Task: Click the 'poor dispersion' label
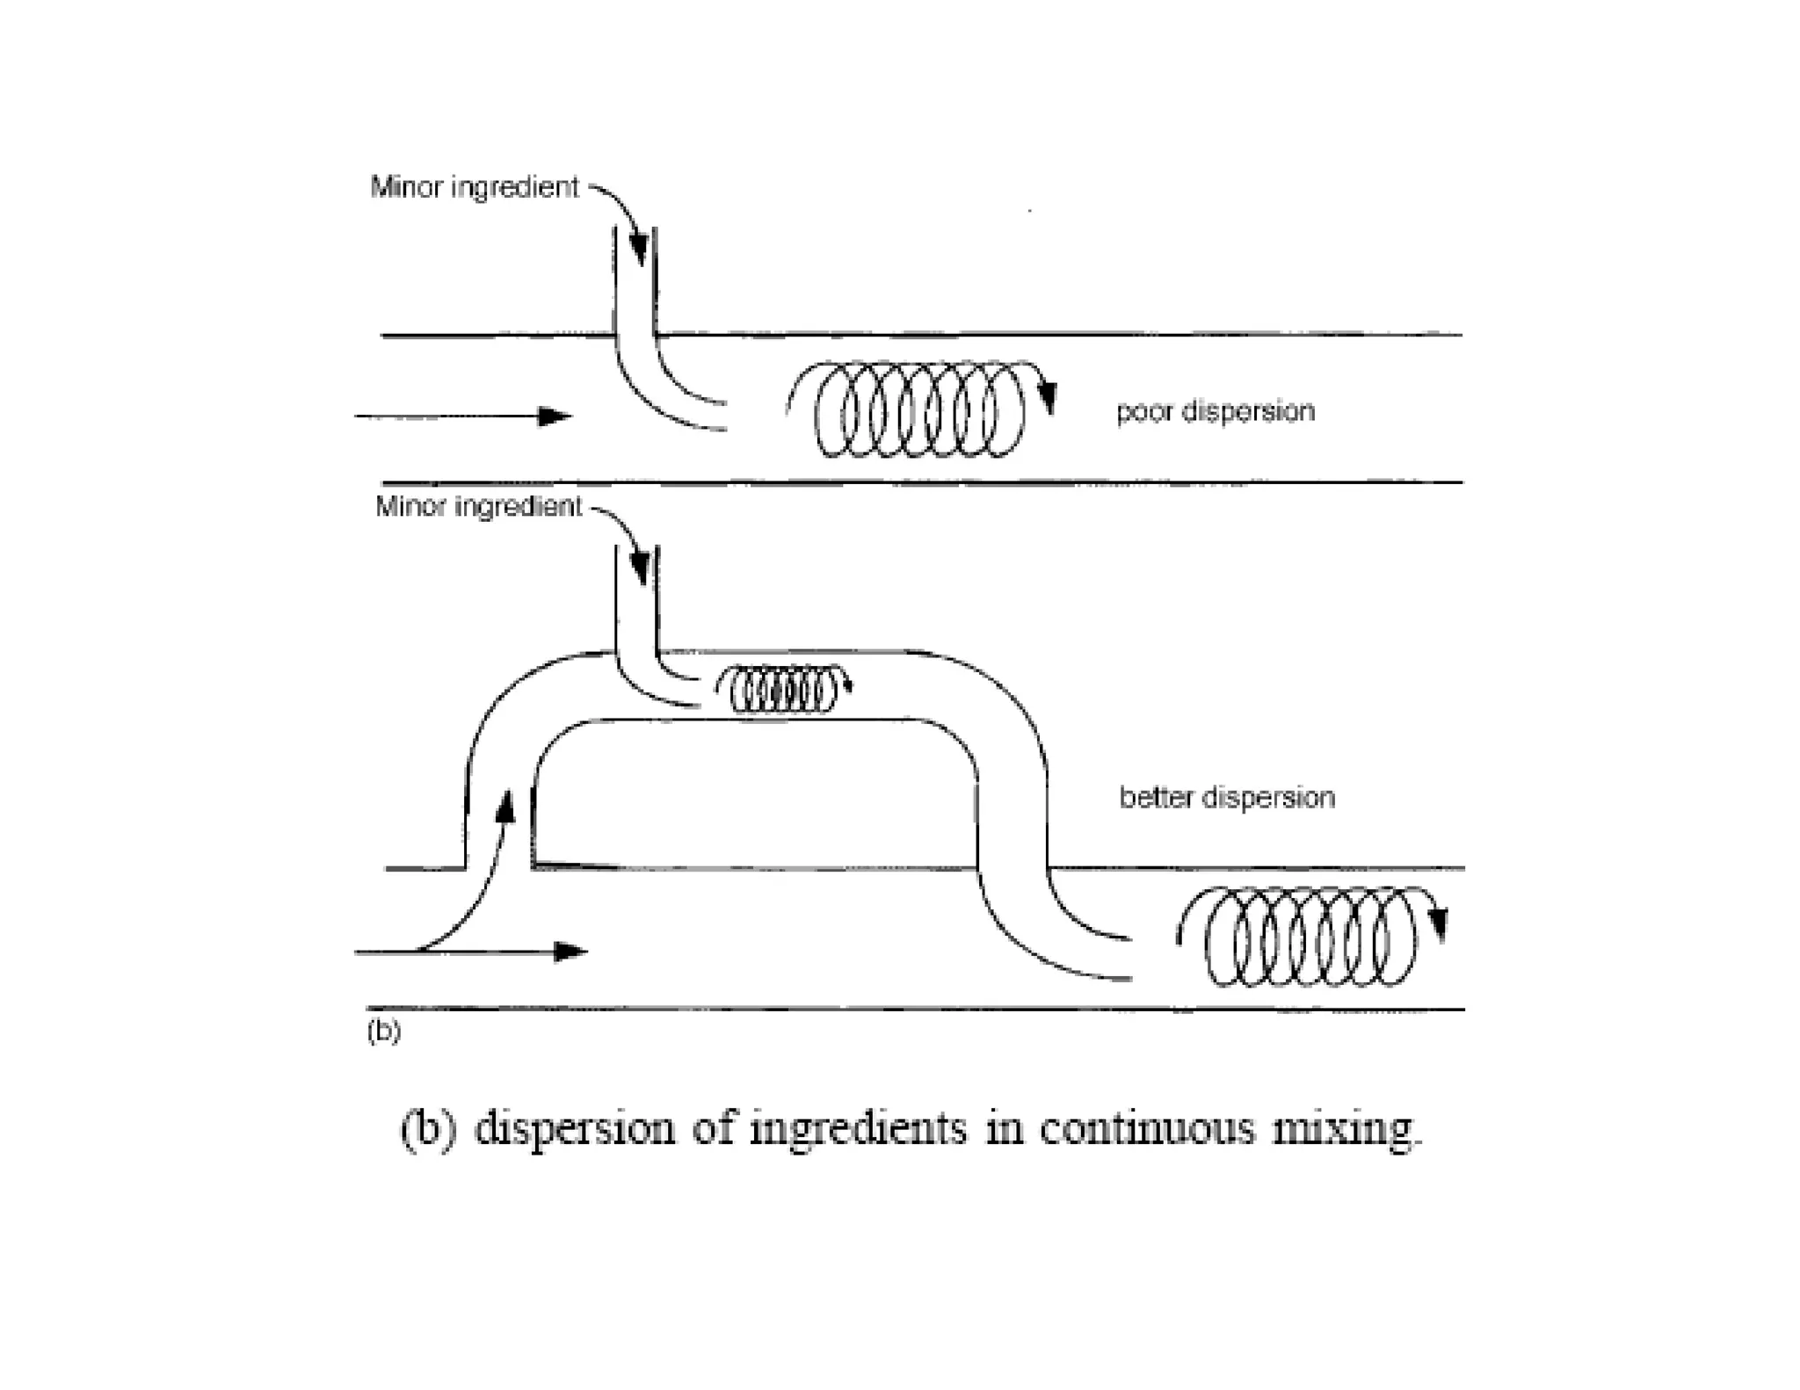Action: click(1215, 411)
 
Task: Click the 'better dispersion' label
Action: click(1226, 797)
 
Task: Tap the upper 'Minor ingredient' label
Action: click(475, 187)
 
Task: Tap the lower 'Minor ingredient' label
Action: click(478, 506)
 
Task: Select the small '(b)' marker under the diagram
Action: click(384, 1030)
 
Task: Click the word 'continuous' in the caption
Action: click(1147, 1128)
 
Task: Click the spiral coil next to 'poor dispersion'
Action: click(919, 409)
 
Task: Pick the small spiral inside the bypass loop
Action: click(782, 691)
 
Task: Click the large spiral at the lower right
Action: click(1310, 938)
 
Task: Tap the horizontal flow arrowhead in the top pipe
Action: click(554, 416)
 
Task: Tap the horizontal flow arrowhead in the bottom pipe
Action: click(570, 952)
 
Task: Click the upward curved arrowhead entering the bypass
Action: click(506, 805)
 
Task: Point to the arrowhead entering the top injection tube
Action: click(639, 249)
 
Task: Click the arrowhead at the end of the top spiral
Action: click(1047, 399)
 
